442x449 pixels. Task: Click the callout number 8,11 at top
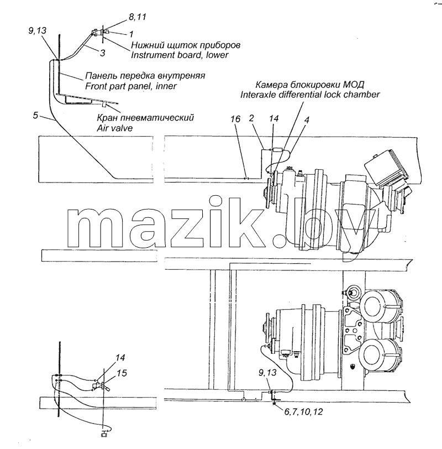(x=138, y=17)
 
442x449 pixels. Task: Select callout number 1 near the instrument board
(x=131, y=34)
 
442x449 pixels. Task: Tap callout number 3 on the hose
(x=102, y=53)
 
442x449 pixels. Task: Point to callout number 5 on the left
(x=35, y=116)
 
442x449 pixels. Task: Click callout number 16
(x=235, y=119)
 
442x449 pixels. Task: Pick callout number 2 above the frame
(x=251, y=118)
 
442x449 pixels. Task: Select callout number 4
(x=307, y=119)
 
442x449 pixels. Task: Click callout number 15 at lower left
(x=122, y=373)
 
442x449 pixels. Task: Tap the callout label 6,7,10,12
(x=303, y=412)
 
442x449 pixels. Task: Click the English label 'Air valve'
(x=115, y=128)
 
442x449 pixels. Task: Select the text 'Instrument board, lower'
(x=180, y=55)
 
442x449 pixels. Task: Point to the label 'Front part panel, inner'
(x=131, y=86)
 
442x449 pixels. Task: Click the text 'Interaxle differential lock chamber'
(x=310, y=94)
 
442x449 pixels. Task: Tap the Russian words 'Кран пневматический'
(x=145, y=117)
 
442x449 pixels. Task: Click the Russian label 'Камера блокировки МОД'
(x=310, y=85)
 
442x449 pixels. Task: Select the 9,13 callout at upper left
(x=37, y=30)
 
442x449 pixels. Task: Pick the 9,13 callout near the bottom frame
(x=267, y=373)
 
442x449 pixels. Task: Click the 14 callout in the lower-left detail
(x=120, y=358)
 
